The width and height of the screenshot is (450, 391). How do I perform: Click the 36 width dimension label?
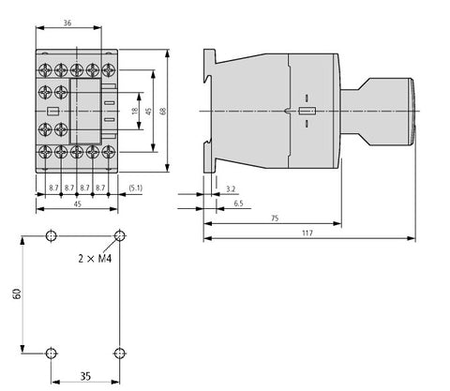click(x=67, y=23)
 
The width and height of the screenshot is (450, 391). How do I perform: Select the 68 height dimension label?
click(x=163, y=111)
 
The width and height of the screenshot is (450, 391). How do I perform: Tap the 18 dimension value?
click(x=135, y=111)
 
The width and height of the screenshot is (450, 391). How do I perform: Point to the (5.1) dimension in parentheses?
click(x=136, y=188)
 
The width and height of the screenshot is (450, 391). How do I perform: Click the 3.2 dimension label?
click(x=231, y=188)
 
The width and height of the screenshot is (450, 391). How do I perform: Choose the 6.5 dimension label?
click(x=238, y=203)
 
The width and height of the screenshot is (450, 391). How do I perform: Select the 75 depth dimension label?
click(x=275, y=218)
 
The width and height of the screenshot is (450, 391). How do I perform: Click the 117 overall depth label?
click(x=307, y=233)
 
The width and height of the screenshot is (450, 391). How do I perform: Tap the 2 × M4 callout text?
click(x=95, y=259)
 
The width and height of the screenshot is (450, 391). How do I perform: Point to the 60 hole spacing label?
click(x=17, y=293)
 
